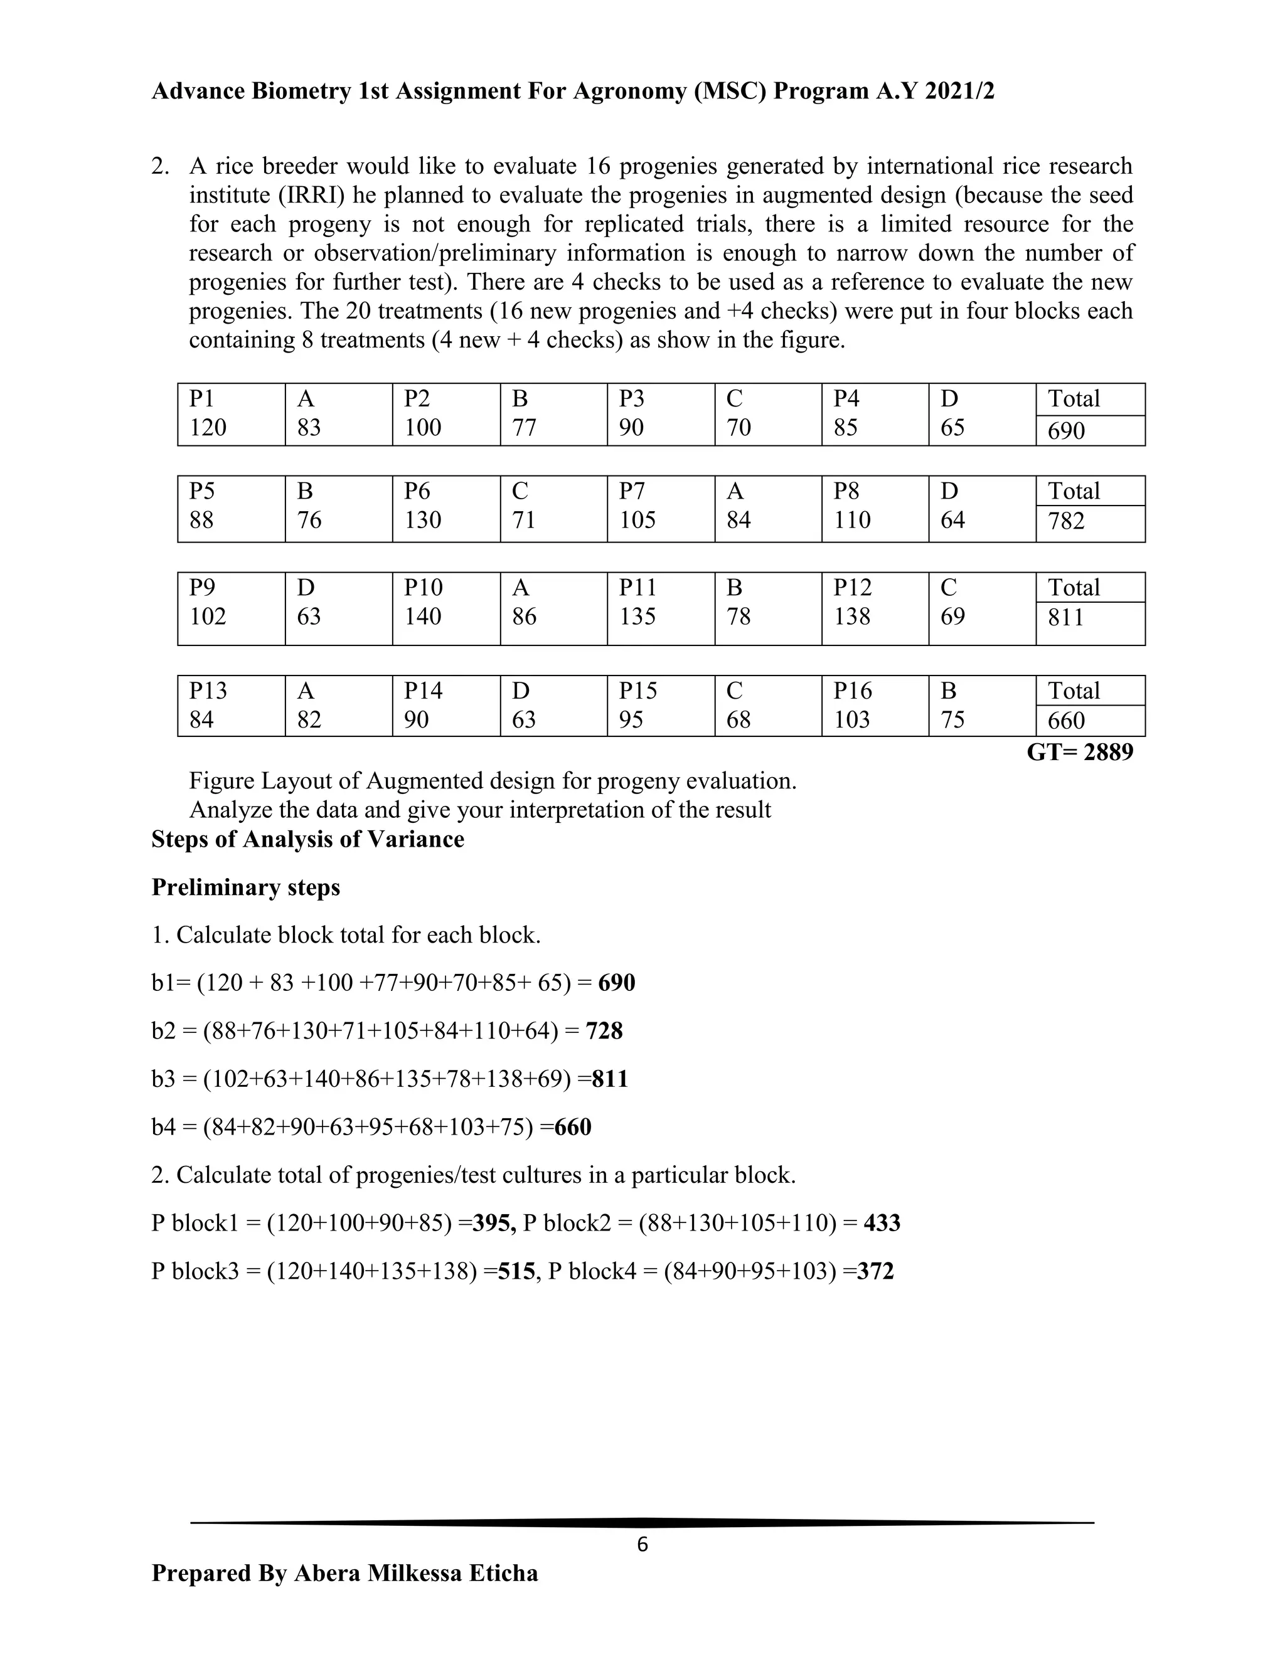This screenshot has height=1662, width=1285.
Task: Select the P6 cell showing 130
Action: pyautogui.click(x=445, y=507)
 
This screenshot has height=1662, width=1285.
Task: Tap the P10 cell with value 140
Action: pyautogui.click(x=445, y=603)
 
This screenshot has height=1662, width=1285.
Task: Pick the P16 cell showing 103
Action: pyautogui.click(x=874, y=706)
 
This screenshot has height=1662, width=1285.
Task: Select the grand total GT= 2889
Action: pyautogui.click(x=1079, y=753)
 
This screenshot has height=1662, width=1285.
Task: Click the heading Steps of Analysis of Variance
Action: pyautogui.click(x=307, y=839)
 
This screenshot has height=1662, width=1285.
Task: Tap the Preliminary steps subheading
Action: pyautogui.click(x=246, y=887)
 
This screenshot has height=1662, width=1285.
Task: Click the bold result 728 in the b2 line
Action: pyautogui.click(x=604, y=1031)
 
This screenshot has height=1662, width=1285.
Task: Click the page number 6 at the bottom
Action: pyautogui.click(x=642, y=1545)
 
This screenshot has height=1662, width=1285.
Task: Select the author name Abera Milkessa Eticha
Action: pyautogui.click(x=415, y=1573)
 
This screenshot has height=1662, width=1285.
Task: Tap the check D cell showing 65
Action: pyautogui.click(x=981, y=414)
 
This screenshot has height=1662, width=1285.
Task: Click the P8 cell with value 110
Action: pyautogui.click(x=874, y=507)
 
